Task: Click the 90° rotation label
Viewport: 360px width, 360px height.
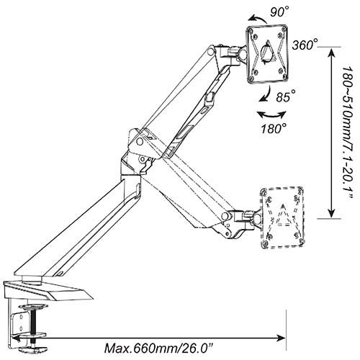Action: point(279,12)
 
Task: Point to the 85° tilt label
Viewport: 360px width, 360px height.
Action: point(286,96)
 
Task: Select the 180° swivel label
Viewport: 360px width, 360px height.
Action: point(274,128)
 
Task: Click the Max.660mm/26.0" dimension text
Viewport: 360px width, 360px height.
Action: point(158,348)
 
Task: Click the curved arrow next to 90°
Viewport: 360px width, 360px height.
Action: point(257,19)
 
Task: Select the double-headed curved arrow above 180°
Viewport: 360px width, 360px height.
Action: point(271,115)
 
